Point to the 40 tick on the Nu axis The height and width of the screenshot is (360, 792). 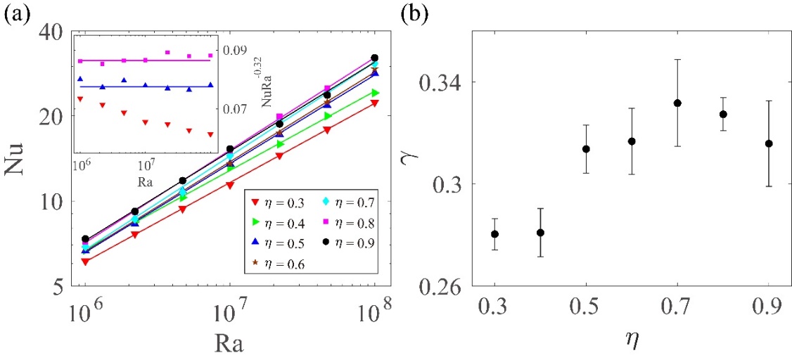[x=48, y=33]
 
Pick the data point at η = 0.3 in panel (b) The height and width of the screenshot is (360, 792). [x=495, y=234]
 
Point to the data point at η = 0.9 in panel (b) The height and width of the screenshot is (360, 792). [x=769, y=143]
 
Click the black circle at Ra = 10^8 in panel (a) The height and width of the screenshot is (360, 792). [x=374, y=58]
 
